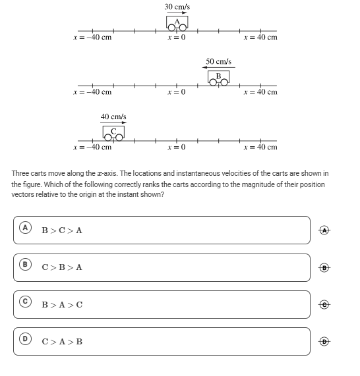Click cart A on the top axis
tap(177, 23)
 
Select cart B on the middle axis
tap(218, 78)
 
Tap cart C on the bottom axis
tap(113, 133)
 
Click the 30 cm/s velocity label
tap(177, 7)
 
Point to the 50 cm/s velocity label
tap(218, 61)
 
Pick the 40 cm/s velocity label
tap(113, 117)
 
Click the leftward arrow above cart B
tap(218, 67)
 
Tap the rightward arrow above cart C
tap(113, 122)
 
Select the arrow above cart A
tap(177, 13)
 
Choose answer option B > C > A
tap(62, 230)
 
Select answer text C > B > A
tap(62, 267)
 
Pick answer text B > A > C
tap(62, 305)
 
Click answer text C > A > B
tap(62, 342)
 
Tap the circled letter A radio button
tap(25, 228)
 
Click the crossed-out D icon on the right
tap(324, 341)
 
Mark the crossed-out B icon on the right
tap(324, 267)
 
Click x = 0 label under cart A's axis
tap(177, 38)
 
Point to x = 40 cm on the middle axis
tap(260, 92)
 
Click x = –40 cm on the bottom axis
tap(92, 147)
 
